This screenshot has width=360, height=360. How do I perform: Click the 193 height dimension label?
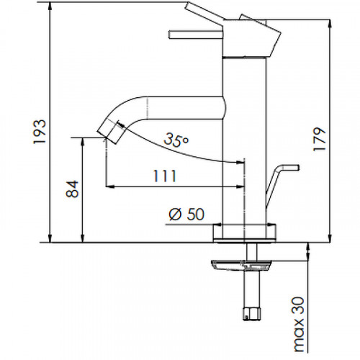[40, 131]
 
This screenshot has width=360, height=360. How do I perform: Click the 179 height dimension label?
[320, 139]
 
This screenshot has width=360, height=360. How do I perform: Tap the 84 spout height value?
[72, 189]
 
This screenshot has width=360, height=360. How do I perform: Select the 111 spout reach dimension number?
[165, 176]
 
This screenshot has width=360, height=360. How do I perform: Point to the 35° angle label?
[176, 140]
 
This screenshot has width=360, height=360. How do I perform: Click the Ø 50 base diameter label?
[186, 214]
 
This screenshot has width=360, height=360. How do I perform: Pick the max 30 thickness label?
[298, 325]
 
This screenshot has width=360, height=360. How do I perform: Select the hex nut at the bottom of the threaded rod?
[250, 313]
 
